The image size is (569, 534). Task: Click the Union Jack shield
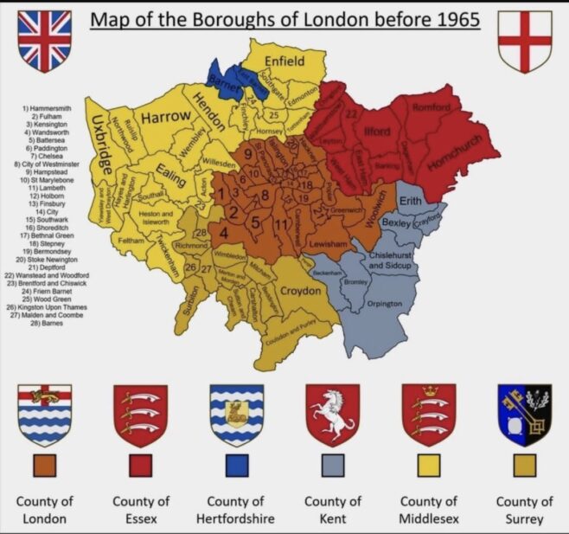click(x=44, y=40)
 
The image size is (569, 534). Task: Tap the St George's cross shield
click(x=525, y=40)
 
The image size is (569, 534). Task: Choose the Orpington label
click(x=384, y=304)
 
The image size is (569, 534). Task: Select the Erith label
click(x=411, y=199)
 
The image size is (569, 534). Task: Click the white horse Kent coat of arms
click(x=333, y=415)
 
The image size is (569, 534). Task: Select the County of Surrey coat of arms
click(x=525, y=415)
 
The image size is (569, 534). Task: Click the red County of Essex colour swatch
click(x=141, y=465)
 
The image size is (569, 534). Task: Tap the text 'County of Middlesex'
click(x=429, y=510)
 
